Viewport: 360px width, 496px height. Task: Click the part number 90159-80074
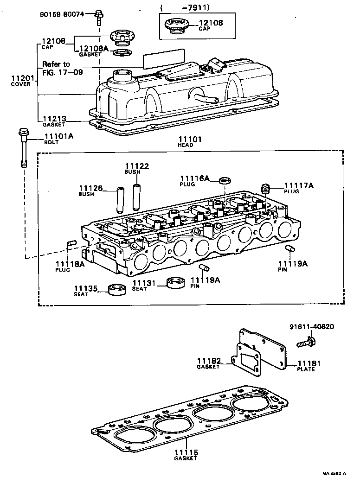point(62,14)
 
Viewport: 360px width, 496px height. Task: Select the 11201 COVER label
point(21,81)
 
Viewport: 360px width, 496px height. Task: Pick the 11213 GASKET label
point(53,121)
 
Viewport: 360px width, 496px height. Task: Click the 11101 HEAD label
point(186,141)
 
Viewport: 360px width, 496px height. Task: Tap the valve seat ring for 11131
point(175,282)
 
